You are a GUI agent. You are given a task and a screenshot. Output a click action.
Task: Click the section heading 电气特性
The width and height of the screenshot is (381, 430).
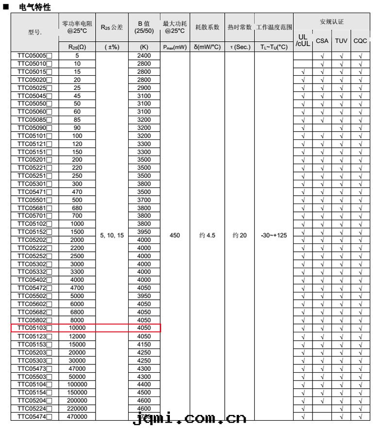click(34, 7)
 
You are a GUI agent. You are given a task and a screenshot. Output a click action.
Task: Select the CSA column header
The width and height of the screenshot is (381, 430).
click(322, 41)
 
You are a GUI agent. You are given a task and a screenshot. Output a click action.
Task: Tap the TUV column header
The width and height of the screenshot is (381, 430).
click(341, 41)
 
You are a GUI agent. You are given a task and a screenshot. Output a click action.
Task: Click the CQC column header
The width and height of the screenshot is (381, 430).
click(360, 41)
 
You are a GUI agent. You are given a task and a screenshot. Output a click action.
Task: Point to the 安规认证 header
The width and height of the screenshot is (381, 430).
click(331, 22)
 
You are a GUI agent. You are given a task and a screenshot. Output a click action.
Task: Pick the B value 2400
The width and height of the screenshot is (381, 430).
click(144, 56)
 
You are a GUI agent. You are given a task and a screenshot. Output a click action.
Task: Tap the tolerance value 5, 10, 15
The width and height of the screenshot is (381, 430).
click(112, 235)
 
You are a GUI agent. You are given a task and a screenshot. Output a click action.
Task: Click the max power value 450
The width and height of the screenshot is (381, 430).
click(175, 235)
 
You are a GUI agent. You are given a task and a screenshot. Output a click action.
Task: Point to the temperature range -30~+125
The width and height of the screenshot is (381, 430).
click(274, 235)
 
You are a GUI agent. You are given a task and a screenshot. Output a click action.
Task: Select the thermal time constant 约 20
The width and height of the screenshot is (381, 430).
click(239, 235)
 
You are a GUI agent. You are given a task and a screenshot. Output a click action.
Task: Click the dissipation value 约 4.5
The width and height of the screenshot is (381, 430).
click(207, 235)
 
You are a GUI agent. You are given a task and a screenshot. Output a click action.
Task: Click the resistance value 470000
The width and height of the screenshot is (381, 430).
click(77, 416)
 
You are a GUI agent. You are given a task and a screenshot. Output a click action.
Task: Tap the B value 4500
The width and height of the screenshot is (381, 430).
click(144, 393)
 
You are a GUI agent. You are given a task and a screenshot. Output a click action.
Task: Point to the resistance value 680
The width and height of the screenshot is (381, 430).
click(77, 208)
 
